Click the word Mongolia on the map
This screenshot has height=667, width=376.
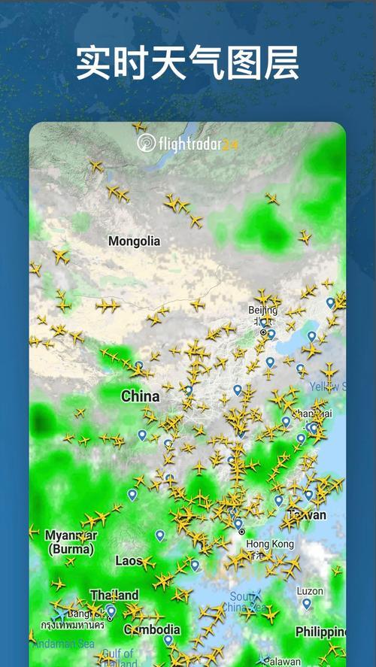pos(135,241)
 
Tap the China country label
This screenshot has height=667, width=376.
pos(141,396)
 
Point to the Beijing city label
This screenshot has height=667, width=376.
pos(263,310)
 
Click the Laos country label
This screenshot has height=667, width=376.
pos(128,561)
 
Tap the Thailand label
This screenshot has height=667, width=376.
pos(114,595)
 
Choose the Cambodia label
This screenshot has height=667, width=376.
pos(152,629)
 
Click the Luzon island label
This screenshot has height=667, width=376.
pos(310,590)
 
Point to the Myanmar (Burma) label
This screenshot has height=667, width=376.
pos(71,542)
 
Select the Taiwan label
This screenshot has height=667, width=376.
pos(308,515)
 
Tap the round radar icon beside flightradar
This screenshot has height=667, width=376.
pos(146,143)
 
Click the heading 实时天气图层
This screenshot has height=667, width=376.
pos(188,62)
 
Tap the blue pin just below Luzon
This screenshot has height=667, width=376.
pos(307,603)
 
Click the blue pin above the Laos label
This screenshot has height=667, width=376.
pos(159,535)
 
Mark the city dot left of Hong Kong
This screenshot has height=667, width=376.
pos(241,532)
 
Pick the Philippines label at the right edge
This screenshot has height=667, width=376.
pos(320,631)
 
